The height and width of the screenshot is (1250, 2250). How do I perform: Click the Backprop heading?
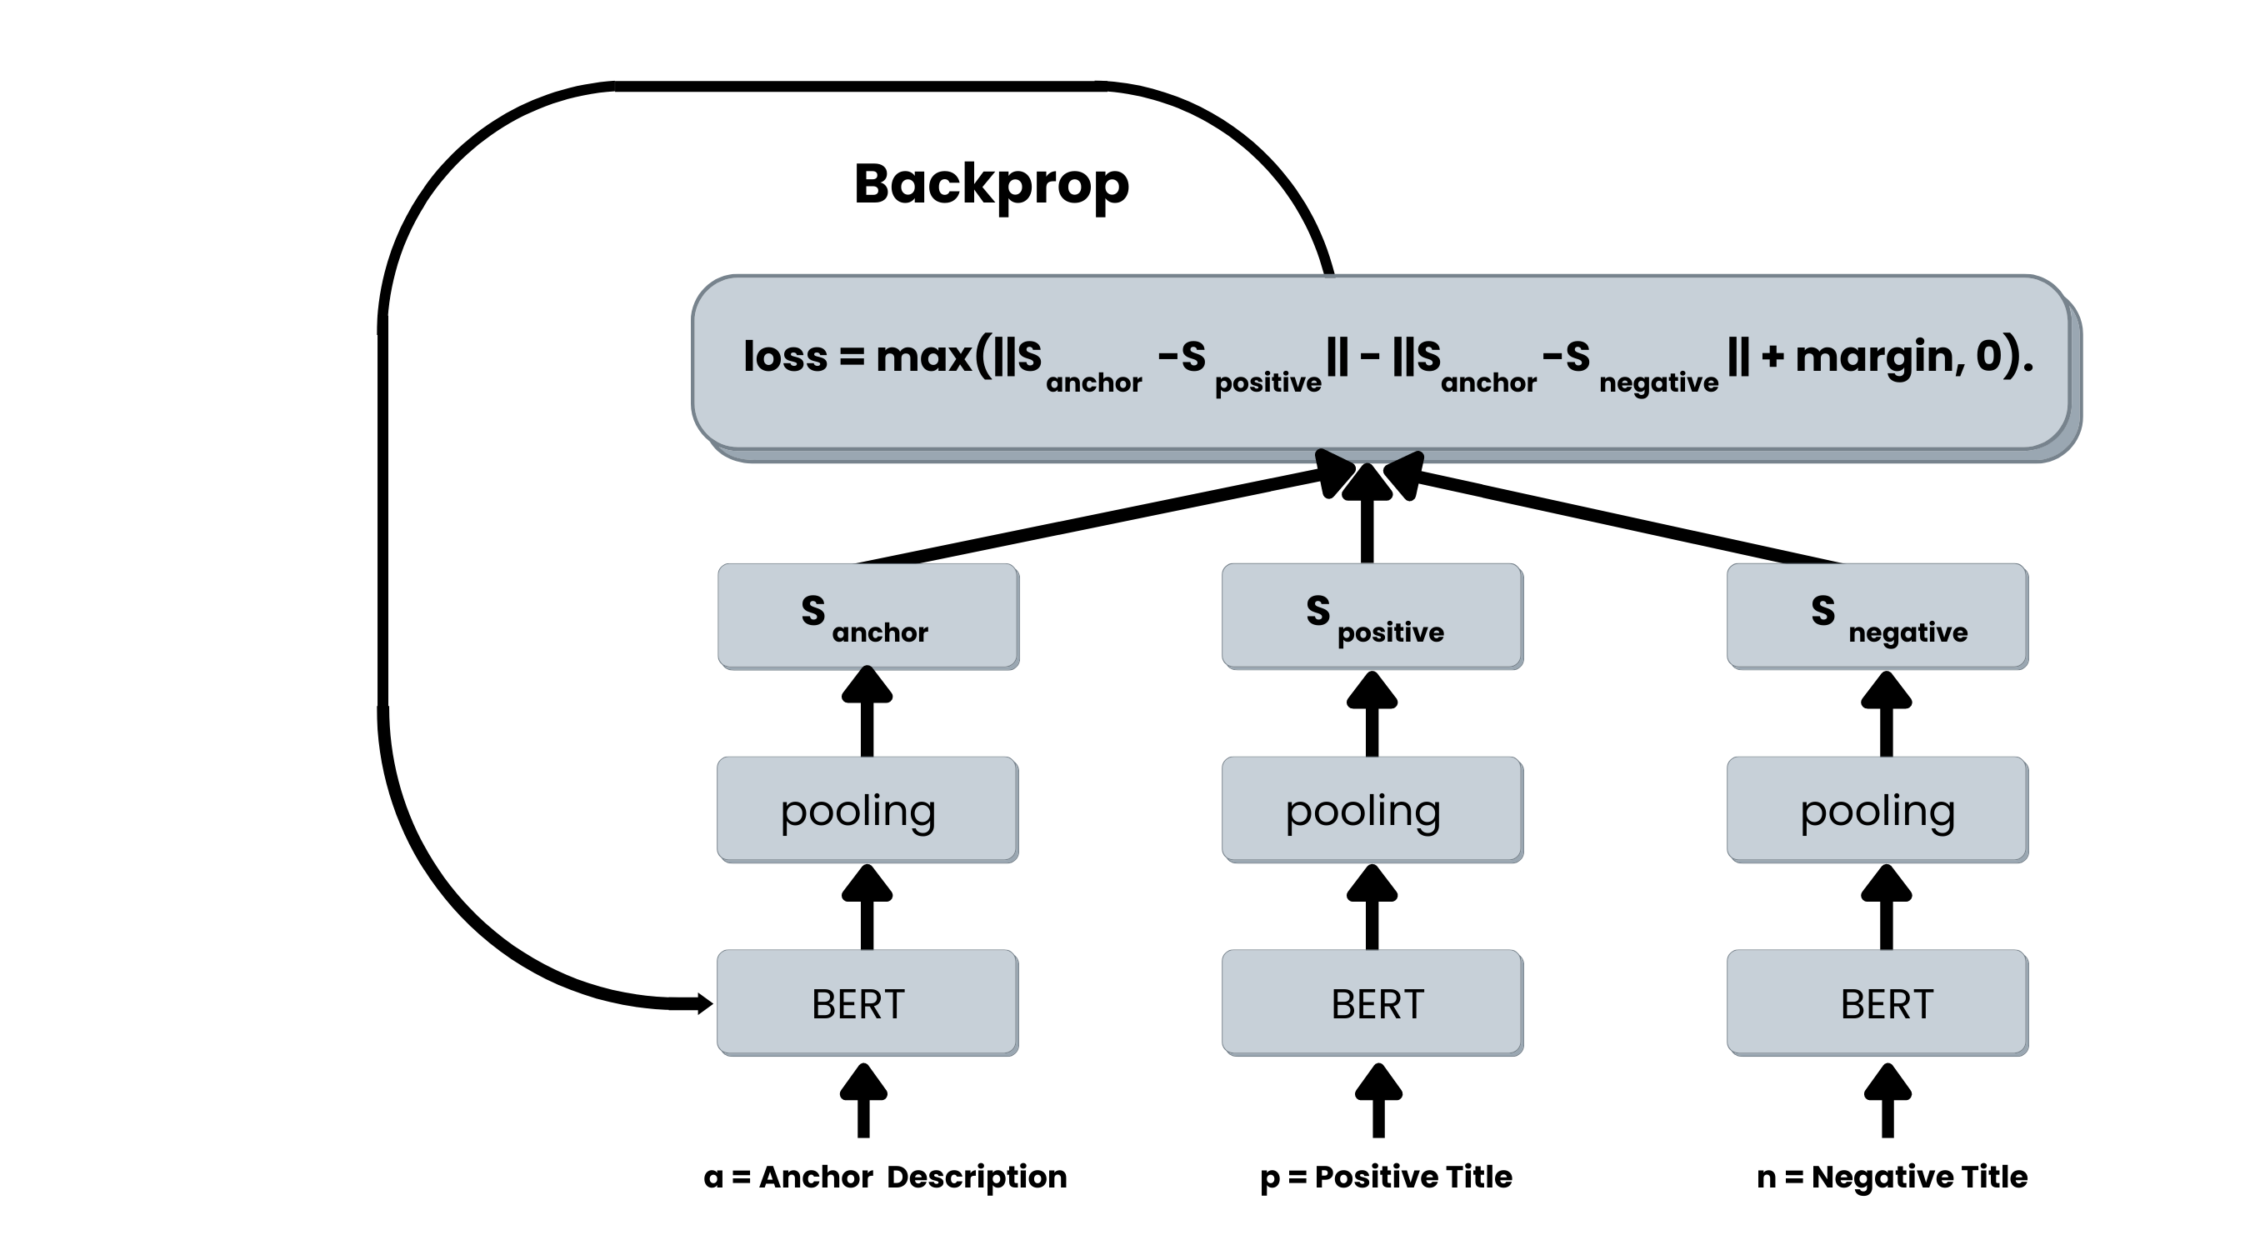tap(991, 184)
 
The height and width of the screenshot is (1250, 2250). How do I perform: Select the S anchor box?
tap(867, 616)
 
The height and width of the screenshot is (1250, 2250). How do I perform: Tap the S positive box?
tap(1372, 616)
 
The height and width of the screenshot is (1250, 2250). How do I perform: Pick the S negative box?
tap(1877, 616)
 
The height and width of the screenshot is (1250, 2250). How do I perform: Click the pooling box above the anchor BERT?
tap(867, 810)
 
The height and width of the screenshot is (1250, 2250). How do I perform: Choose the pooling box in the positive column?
tap(1372, 810)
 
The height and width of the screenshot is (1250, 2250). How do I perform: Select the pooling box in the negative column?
tap(1877, 810)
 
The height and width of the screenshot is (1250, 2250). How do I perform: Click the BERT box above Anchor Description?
tap(867, 1002)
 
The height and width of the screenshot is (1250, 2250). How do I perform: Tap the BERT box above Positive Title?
tap(1372, 1002)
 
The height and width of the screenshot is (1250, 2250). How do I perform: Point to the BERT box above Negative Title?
tap(1877, 1002)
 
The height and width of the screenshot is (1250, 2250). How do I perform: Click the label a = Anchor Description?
tap(885, 1177)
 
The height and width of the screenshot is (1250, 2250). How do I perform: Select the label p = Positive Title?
tap(1386, 1177)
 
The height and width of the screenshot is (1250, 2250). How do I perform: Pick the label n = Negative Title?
tap(1892, 1177)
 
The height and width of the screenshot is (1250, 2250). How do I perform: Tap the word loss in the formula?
tap(784, 357)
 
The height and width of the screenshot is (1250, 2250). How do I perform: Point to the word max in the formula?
tap(923, 357)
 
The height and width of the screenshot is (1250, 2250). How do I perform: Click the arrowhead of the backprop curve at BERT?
tap(703, 1003)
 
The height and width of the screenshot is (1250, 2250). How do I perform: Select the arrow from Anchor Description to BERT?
tap(863, 1102)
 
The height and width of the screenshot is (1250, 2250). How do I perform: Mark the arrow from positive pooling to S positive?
tap(1372, 714)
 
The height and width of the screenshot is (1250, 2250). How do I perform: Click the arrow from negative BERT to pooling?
tap(1887, 908)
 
